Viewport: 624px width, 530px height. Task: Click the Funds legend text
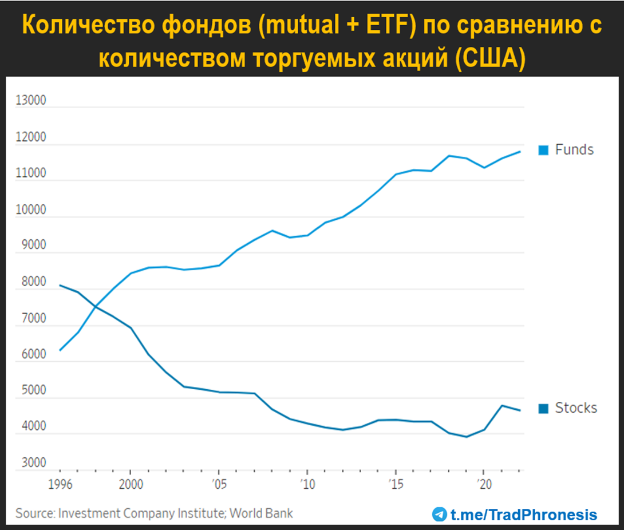pyautogui.click(x=574, y=150)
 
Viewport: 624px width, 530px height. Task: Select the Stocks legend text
pyautogui.click(x=576, y=408)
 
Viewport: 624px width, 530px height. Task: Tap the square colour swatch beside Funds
pyautogui.click(x=543, y=151)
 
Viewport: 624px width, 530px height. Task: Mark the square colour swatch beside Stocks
pyautogui.click(x=543, y=409)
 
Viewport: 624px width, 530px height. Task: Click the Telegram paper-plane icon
pyautogui.click(x=440, y=514)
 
